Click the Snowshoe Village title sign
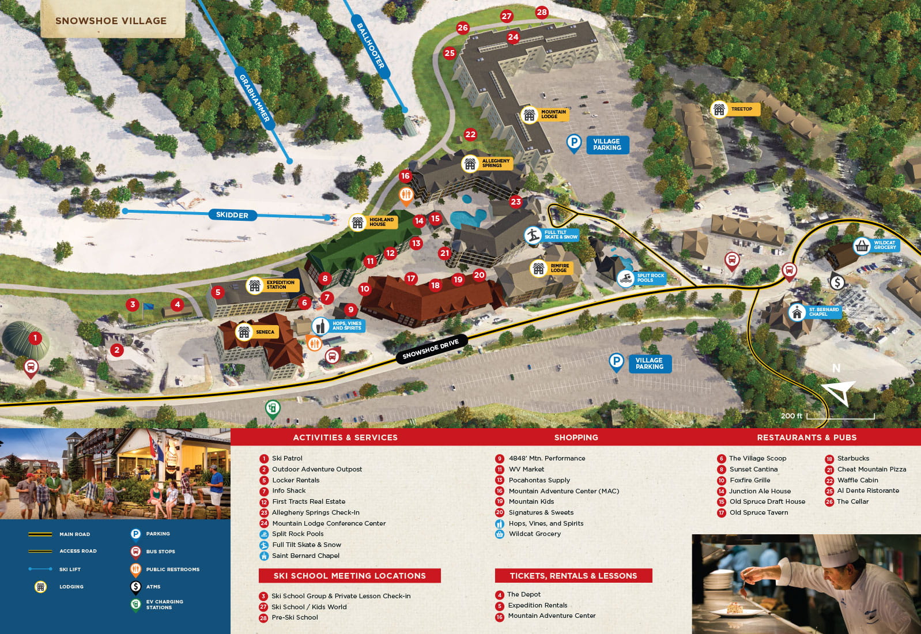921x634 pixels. click(111, 21)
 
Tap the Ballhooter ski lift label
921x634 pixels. click(370, 46)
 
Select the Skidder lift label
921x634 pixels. click(232, 215)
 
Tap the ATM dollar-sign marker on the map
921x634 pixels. click(837, 282)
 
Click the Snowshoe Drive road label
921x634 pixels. click(431, 349)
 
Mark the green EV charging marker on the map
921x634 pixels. click(273, 409)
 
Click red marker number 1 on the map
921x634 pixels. click(35, 338)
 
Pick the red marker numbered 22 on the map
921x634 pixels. click(470, 134)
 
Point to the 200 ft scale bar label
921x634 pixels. click(791, 416)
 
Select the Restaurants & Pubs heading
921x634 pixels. click(806, 437)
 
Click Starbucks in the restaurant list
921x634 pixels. click(853, 458)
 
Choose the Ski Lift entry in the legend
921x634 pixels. click(70, 569)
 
